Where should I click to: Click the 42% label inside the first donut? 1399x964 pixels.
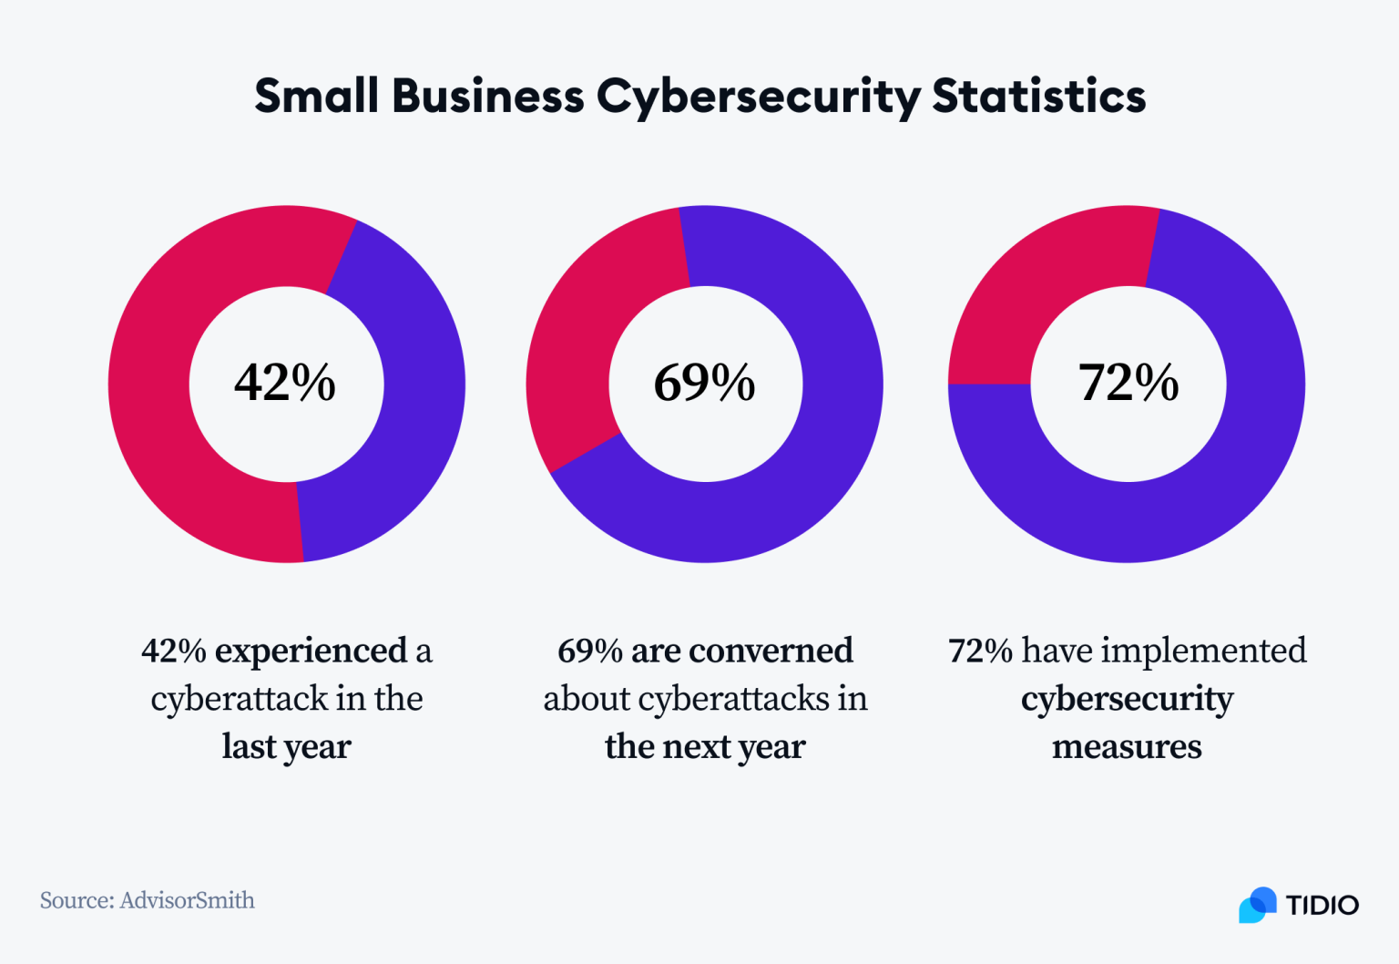pyautogui.click(x=285, y=383)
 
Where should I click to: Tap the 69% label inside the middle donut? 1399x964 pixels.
pyautogui.click(x=704, y=383)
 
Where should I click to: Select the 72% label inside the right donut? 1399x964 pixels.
pyautogui.click(x=1128, y=383)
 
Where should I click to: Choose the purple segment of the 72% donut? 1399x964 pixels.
pyautogui.click(x=1184, y=510)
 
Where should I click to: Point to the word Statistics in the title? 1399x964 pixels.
pyautogui.click(x=1038, y=97)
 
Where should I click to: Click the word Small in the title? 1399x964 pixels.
pyautogui.click(x=316, y=97)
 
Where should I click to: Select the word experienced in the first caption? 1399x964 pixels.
pyautogui.click(x=311, y=651)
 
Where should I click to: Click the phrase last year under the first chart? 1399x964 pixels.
pyautogui.click(x=286, y=746)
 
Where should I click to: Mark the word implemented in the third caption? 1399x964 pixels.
pyautogui.click(x=1203, y=651)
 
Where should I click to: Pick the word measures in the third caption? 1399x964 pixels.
pyautogui.click(x=1127, y=746)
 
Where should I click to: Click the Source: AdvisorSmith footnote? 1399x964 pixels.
pyautogui.click(x=148, y=900)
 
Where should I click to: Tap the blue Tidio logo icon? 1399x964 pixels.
pyautogui.click(x=1258, y=905)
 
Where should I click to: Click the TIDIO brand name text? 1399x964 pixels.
pyautogui.click(x=1322, y=905)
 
